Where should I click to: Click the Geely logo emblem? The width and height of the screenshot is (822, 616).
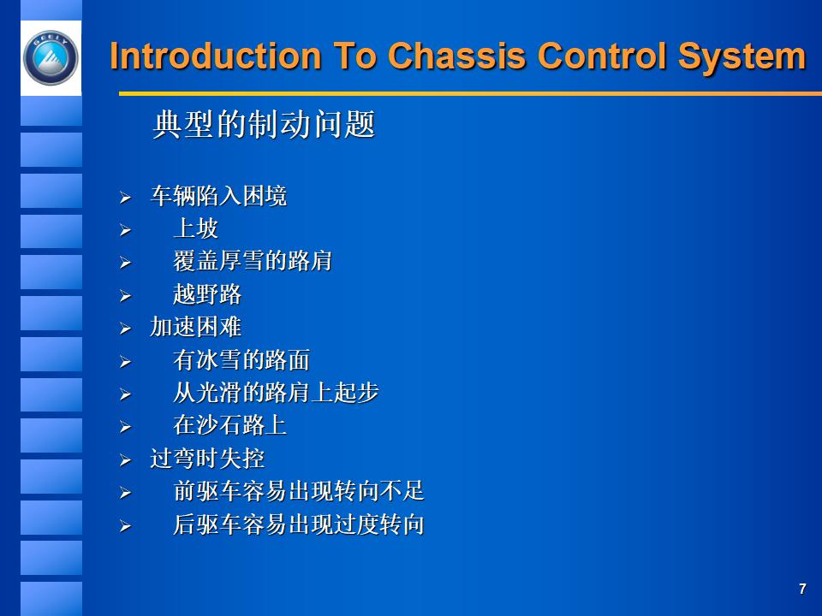[50, 57]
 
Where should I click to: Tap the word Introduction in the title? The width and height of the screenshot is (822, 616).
[215, 56]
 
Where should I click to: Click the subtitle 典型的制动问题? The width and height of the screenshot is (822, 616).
[264, 126]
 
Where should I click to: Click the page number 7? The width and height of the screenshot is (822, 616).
[802, 589]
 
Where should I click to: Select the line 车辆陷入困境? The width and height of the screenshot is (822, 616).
[218, 197]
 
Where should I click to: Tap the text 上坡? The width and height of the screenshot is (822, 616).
[195, 229]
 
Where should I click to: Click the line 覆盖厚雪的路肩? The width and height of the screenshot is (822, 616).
[253, 262]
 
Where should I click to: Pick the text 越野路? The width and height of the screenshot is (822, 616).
[207, 295]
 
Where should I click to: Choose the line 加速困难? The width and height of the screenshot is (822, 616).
[195, 327]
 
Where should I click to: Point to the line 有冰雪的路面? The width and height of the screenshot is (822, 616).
[241, 360]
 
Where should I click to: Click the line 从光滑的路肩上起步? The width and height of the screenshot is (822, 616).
[276, 393]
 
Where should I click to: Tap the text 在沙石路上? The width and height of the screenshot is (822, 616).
[229, 425]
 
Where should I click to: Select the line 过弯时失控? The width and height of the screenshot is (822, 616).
[207, 459]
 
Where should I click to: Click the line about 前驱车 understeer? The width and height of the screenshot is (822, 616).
[298, 492]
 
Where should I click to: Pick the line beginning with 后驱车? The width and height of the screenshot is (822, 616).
[298, 524]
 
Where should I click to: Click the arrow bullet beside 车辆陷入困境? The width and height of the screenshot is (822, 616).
[125, 198]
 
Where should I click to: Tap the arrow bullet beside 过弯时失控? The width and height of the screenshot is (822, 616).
[125, 460]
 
